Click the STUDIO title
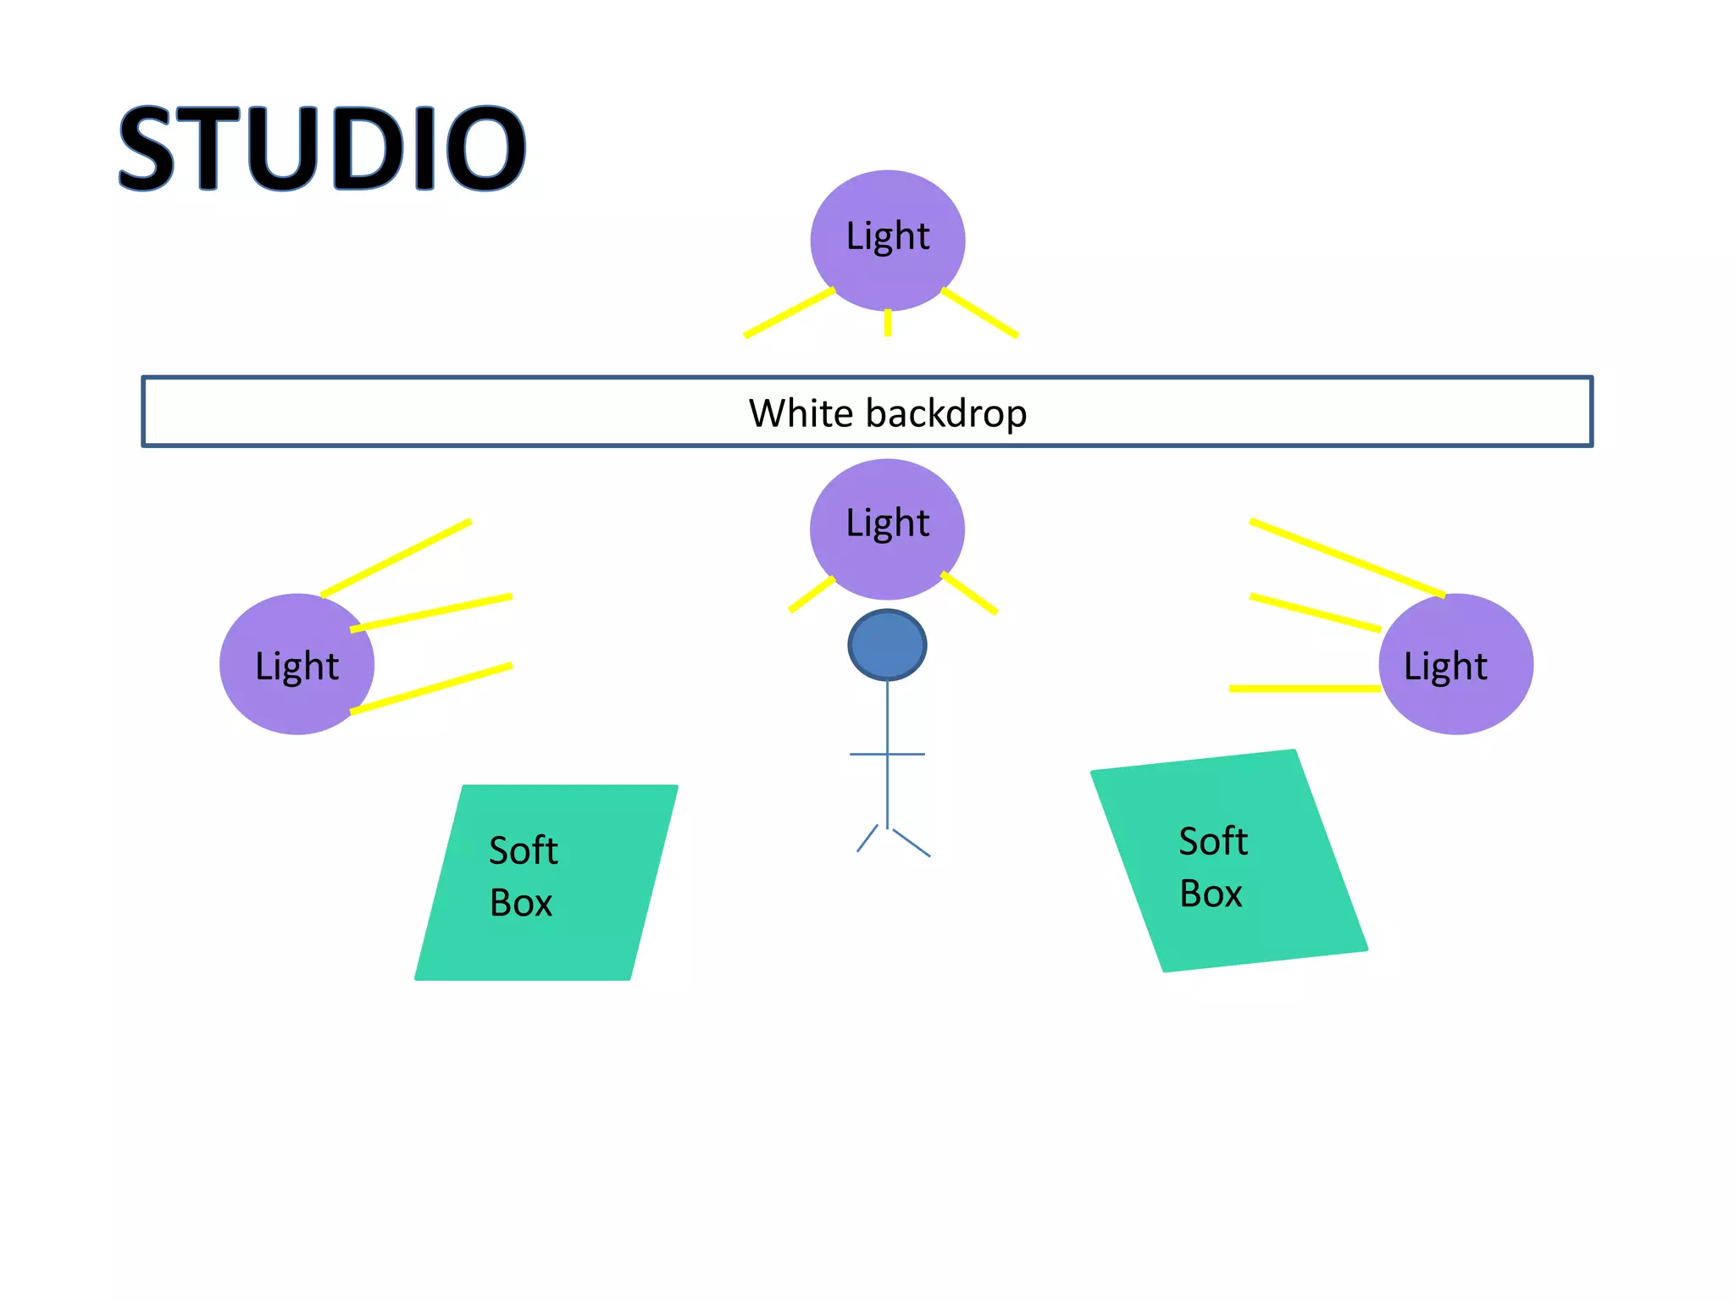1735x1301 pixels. (322, 148)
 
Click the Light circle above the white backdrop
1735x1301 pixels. (887, 240)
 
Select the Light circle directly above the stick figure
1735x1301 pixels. (887, 529)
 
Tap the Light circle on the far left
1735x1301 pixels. (297, 664)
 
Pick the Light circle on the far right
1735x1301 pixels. (1455, 664)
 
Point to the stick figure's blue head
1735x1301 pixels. (887, 645)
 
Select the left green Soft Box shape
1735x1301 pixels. (546, 882)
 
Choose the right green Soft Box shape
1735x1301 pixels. (1228, 861)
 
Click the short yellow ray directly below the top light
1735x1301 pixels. (888, 323)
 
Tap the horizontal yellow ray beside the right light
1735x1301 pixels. (1305, 689)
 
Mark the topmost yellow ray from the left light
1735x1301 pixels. (396, 557)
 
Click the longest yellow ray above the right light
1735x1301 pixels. (1347, 557)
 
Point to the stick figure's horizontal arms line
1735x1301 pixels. (887, 754)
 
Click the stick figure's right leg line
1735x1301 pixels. (912, 844)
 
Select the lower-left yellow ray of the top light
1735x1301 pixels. (789, 313)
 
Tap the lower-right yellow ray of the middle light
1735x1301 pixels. (969, 592)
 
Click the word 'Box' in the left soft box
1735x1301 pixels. (521, 903)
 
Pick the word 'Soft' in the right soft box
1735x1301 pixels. (1213, 841)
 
